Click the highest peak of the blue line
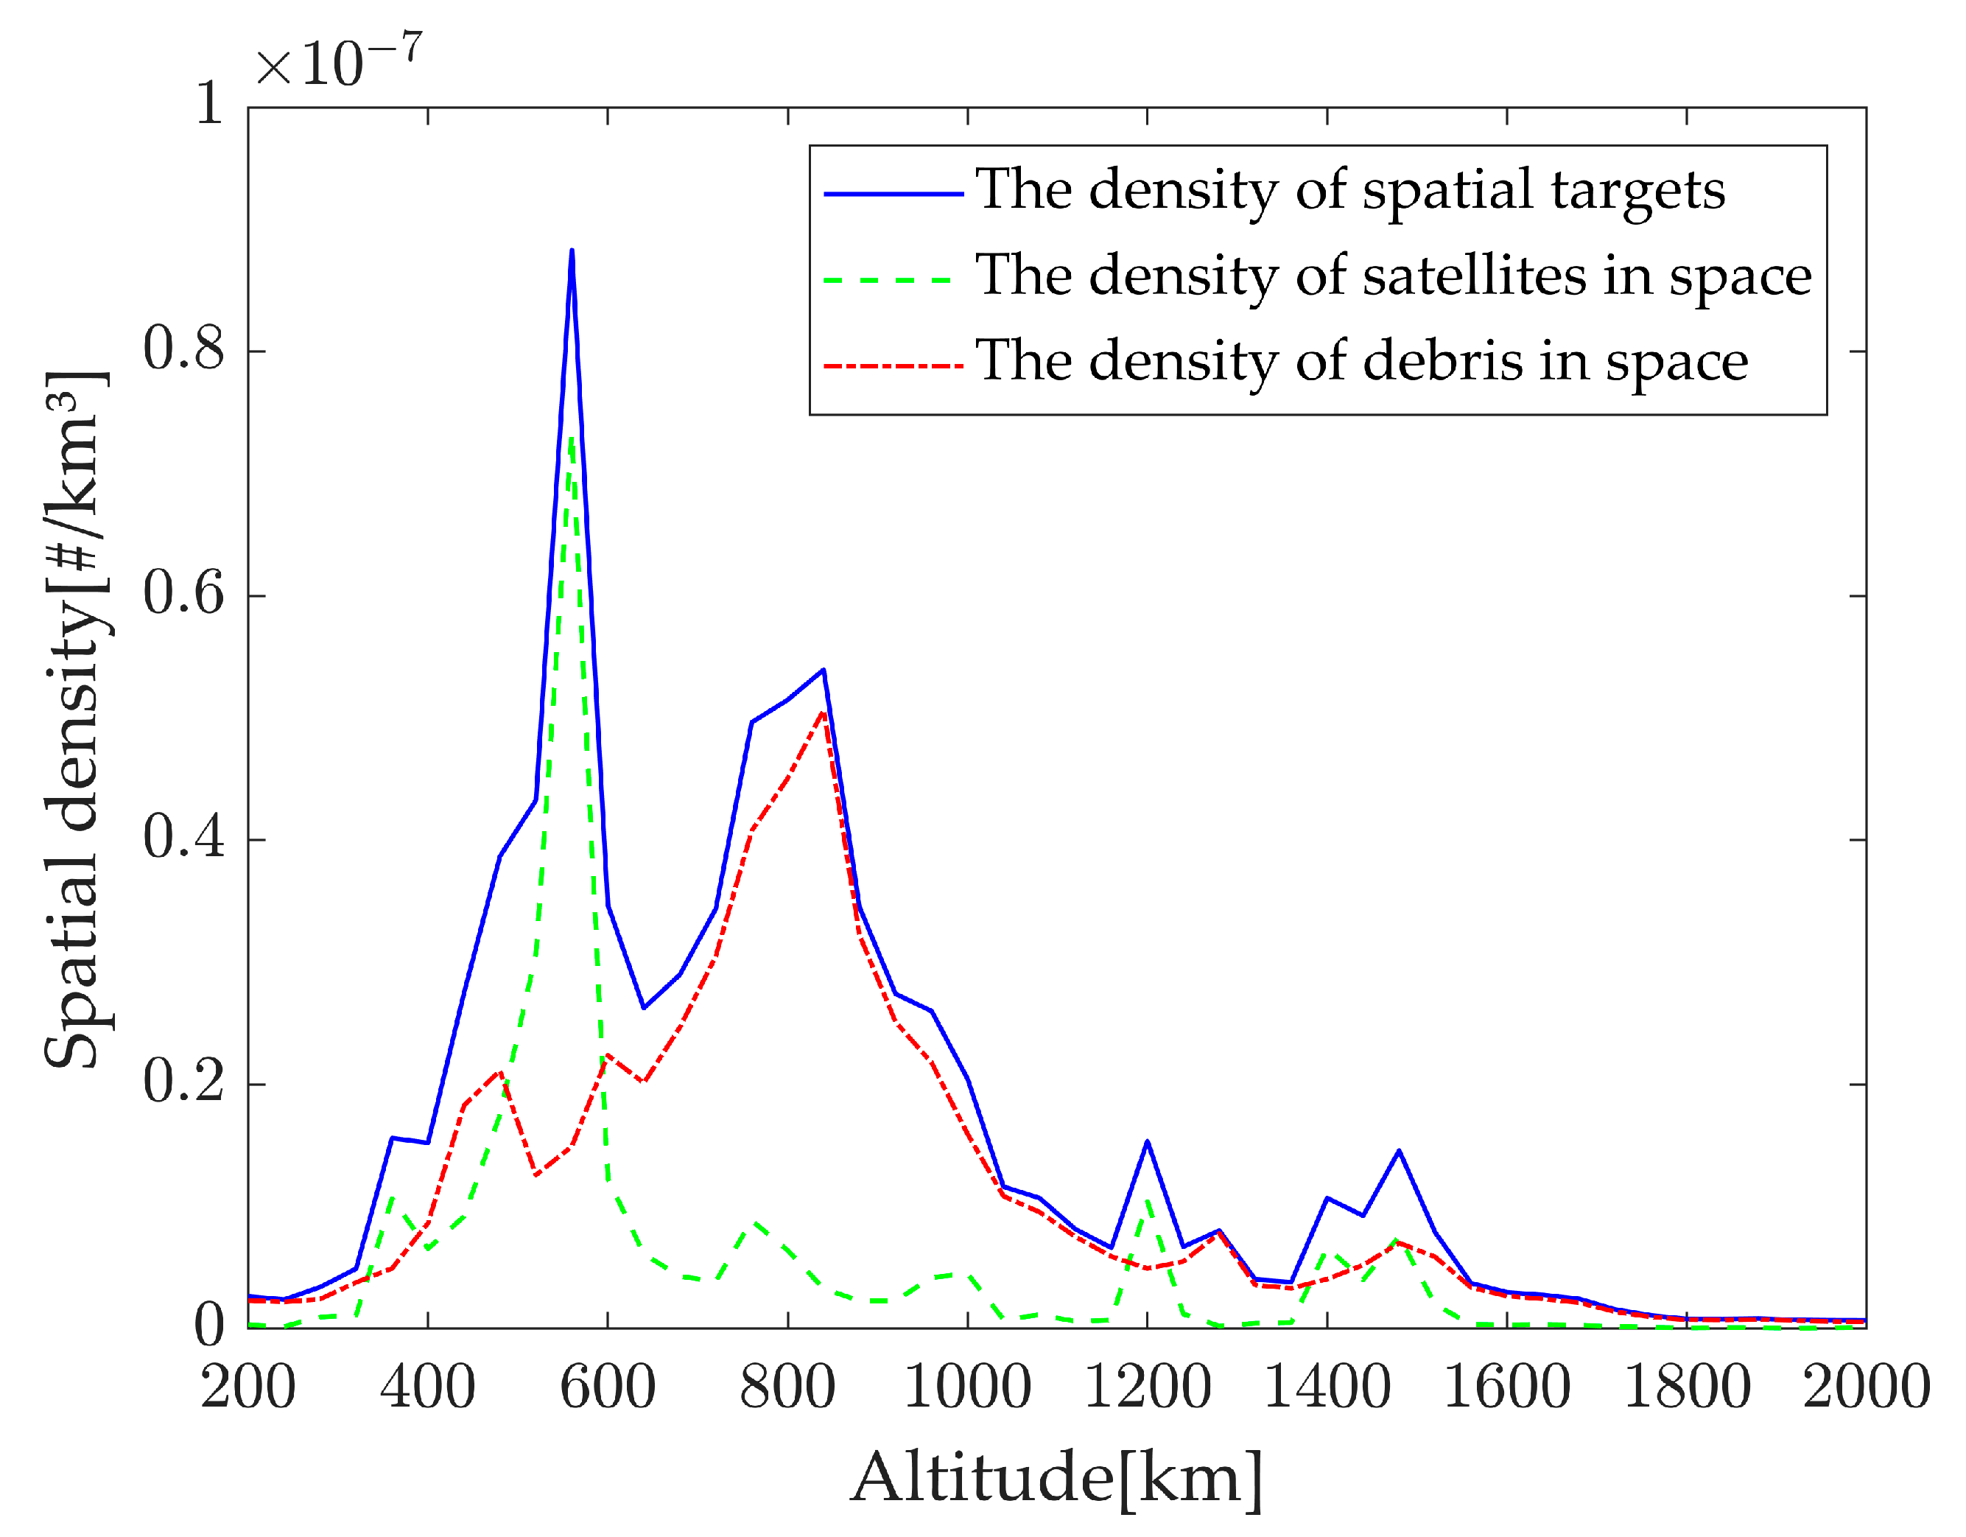point(572,251)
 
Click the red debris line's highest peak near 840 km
point(822,713)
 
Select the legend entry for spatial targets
point(1349,190)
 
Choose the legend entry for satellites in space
point(1393,276)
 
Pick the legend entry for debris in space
point(1361,361)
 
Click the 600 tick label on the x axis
point(608,1387)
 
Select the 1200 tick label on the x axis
point(1147,1387)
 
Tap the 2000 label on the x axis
point(1865,1387)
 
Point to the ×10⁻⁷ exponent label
point(337,61)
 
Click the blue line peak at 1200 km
point(1147,1142)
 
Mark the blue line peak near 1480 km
point(1398,1151)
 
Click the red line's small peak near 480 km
point(499,1071)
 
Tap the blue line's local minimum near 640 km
point(644,1007)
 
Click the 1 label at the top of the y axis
point(209,105)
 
